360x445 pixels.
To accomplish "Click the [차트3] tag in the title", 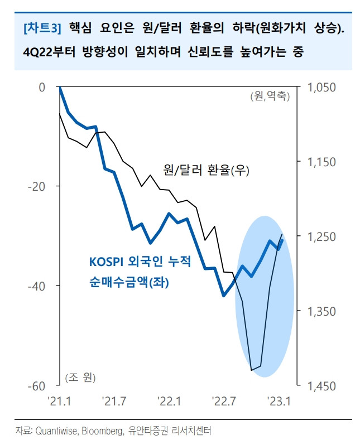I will [x=42, y=27].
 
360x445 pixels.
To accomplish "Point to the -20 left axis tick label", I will [x=39, y=186].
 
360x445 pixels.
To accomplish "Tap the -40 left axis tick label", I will [x=39, y=286].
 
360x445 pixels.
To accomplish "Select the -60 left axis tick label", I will [x=39, y=385].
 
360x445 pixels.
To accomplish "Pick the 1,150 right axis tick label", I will [x=322, y=162].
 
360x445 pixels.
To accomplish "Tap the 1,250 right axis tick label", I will [x=322, y=236].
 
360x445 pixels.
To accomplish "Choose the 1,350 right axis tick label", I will [x=322, y=311].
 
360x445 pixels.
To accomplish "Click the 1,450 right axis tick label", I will [x=322, y=385].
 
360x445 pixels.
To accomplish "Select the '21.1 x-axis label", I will [x=59, y=400].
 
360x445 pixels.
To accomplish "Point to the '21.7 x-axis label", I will [x=113, y=400].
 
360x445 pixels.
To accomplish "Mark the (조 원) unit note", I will [x=80, y=378].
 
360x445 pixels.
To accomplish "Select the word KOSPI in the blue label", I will [x=107, y=262].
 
